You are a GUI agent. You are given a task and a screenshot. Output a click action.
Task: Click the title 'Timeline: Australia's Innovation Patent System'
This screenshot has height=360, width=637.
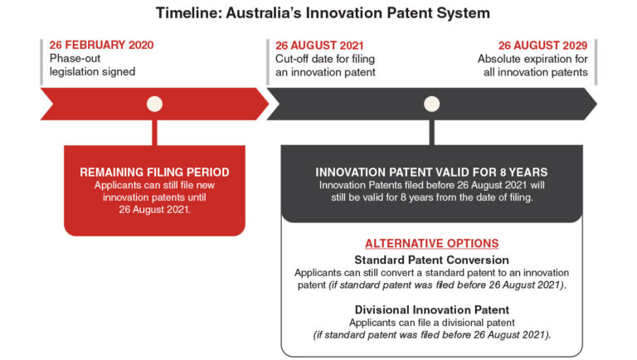click(x=318, y=14)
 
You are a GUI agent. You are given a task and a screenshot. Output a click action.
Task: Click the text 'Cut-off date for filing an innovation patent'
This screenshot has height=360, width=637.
click(x=324, y=66)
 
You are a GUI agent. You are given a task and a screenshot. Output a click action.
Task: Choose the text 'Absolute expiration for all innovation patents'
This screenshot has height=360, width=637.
click(x=533, y=66)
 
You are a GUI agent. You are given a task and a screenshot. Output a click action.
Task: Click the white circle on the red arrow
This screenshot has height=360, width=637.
click(x=154, y=105)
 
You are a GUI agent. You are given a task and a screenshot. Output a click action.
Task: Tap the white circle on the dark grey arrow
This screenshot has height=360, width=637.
click(x=430, y=105)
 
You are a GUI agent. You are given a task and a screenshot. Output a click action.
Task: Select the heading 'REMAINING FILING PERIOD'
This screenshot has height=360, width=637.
click(x=154, y=172)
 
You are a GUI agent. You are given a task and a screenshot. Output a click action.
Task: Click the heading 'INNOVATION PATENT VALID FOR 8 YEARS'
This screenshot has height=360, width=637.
click(x=431, y=172)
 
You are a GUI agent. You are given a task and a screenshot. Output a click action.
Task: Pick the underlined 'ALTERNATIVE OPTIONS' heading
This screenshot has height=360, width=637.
click(x=431, y=244)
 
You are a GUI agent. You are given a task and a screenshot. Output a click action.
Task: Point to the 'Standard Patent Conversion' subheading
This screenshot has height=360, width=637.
click(x=431, y=259)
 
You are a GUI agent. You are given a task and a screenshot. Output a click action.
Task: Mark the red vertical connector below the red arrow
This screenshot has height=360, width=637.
click(x=154, y=132)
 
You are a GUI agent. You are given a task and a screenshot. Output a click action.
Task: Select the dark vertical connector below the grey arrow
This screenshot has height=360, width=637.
click(x=430, y=132)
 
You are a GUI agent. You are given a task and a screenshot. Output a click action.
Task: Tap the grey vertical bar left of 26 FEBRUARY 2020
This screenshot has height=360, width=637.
click(x=41, y=61)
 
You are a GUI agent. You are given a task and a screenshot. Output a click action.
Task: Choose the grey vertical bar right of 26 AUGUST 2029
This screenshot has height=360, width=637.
click(x=596, y=61)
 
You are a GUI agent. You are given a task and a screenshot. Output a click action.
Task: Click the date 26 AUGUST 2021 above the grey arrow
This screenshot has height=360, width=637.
click(x=319, y=46)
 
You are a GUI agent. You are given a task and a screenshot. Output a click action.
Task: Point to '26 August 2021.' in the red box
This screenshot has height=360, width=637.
click(x=154, y=209)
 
